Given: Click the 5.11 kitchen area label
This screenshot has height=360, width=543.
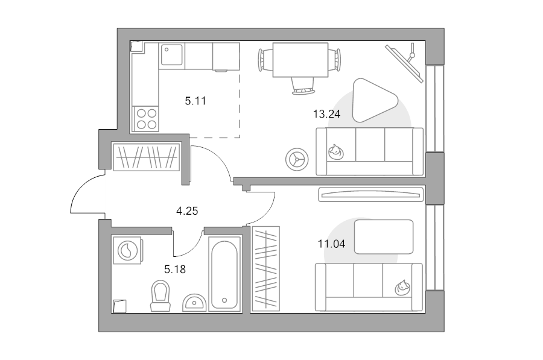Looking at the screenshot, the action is click(195, 101).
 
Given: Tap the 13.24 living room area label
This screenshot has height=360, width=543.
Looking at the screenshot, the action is click(326, 114).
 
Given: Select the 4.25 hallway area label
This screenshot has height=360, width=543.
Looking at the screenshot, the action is click(187, 211).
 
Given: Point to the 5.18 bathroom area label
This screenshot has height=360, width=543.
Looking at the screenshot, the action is click(175, 269).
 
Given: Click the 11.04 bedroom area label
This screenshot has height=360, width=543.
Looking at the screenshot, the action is click(331, 244).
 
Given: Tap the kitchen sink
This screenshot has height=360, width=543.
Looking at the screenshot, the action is click(172, 55).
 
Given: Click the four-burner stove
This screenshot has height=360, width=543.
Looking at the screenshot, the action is click(146, 119).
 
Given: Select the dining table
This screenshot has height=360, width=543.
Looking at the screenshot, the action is click(300, 60).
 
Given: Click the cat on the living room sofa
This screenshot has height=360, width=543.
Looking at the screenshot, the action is click(335, 152).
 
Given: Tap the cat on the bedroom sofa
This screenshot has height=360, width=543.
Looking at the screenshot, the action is click(402, 288).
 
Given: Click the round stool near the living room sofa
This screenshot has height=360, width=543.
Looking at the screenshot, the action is click(297, 159).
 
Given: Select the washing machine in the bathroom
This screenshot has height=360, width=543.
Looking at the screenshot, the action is click(128, 250).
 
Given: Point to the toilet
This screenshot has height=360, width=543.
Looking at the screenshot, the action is click(160, 296).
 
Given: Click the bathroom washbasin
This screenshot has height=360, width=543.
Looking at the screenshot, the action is click(194, 303).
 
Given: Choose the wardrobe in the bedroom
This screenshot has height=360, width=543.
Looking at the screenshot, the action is click(266, 269).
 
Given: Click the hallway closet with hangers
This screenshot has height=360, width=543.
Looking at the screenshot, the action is click(147, 157).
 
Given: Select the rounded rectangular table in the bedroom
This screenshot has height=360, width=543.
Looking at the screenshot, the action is click(384, 237).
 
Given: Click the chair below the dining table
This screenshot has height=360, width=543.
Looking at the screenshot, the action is click(303, 86).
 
